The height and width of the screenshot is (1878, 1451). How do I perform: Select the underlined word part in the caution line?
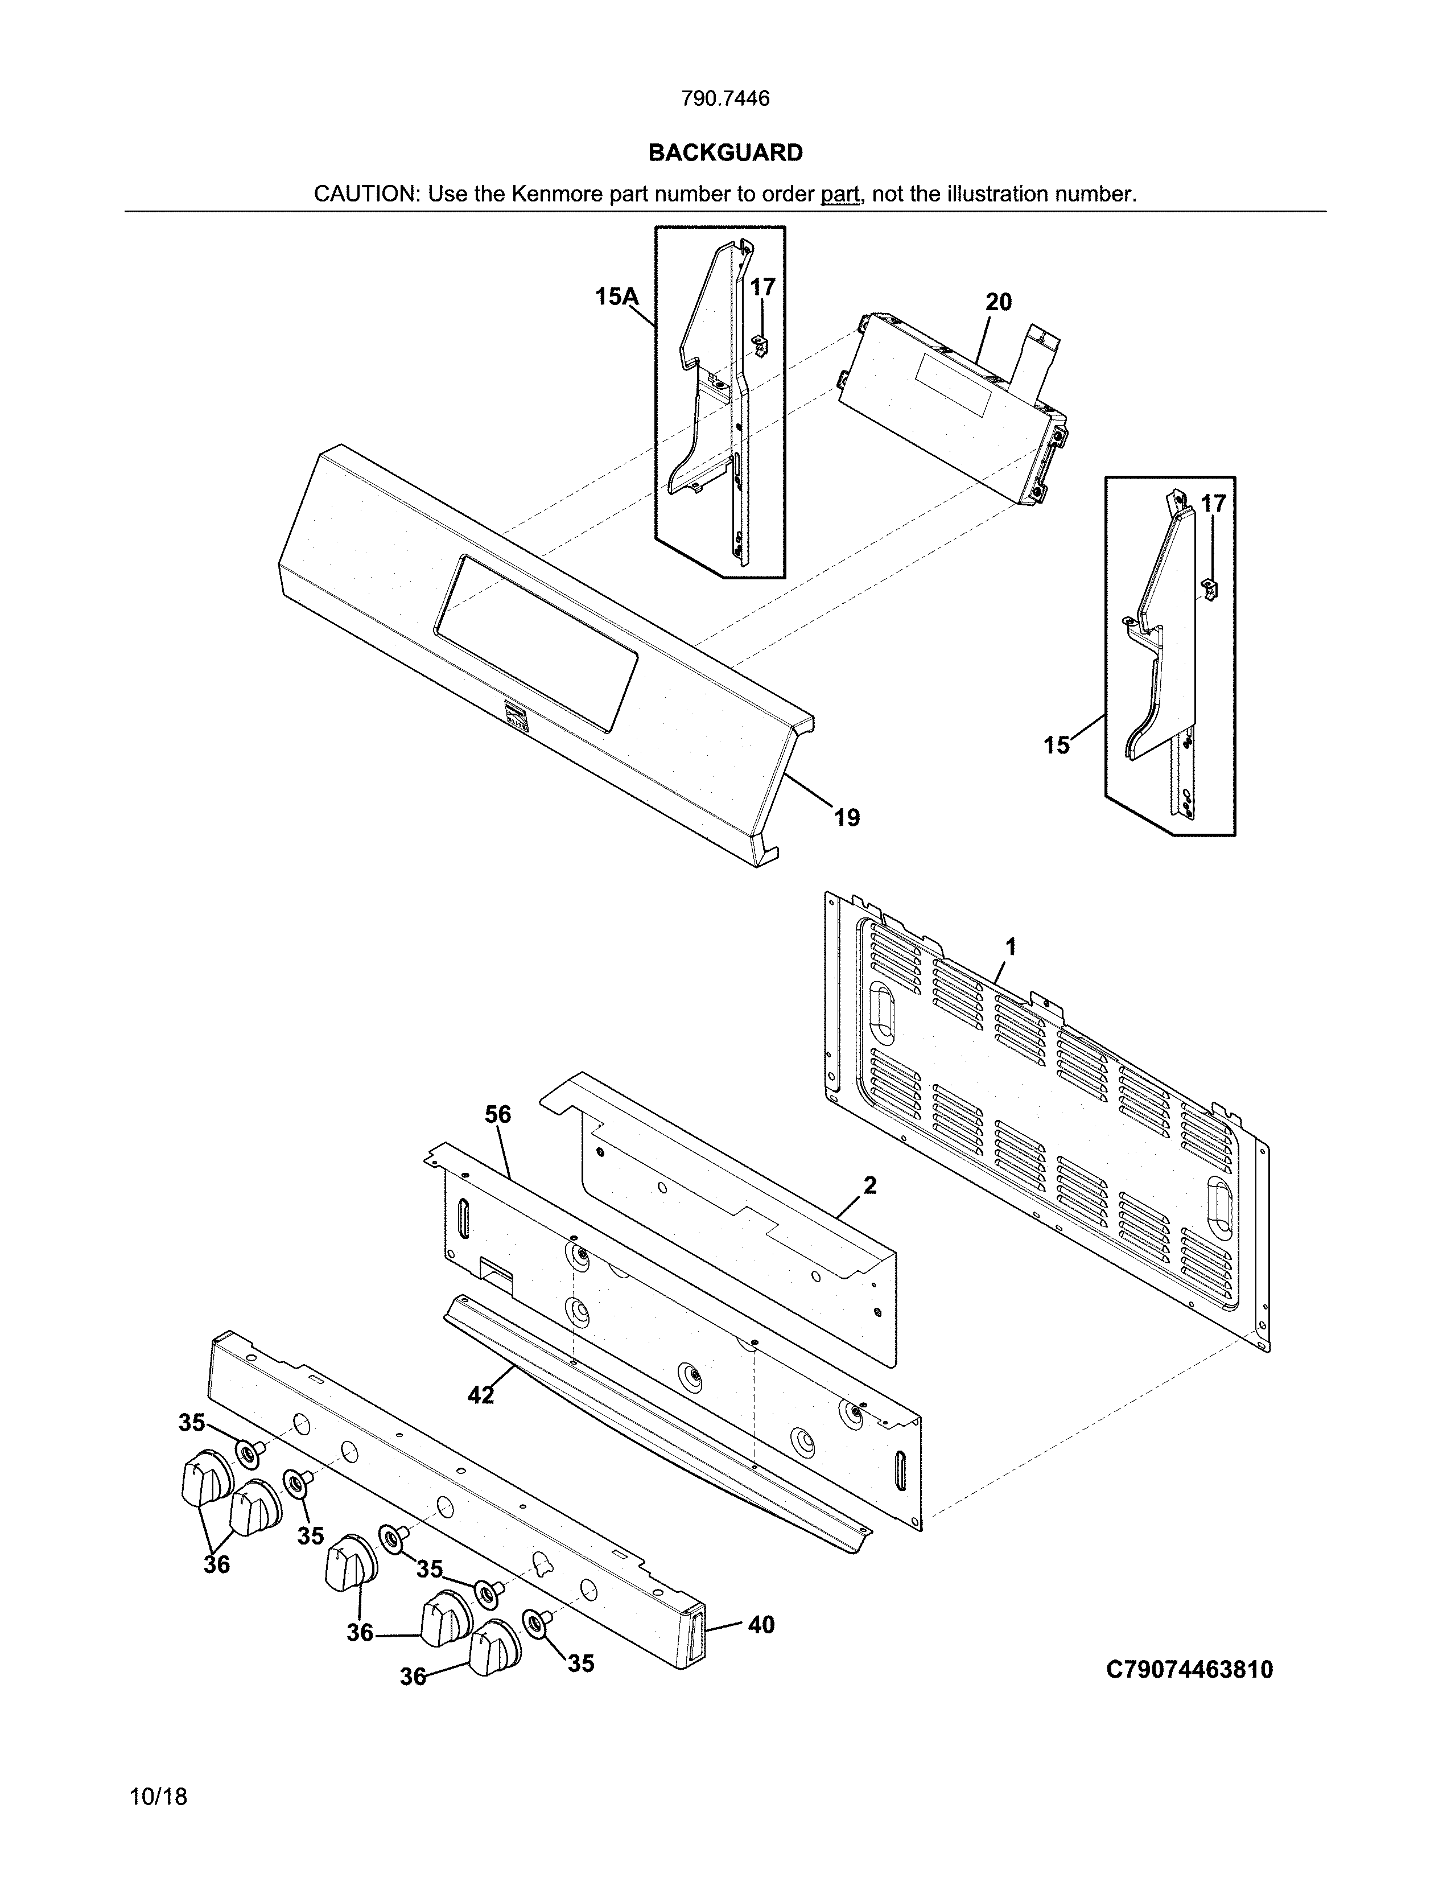(840, 194)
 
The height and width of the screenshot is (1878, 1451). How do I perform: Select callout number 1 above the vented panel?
(1011, 947)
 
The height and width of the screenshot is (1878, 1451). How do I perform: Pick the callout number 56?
(498, 1114)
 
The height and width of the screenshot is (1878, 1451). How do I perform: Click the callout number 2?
(870, 1186)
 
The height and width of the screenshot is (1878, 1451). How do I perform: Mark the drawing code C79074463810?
(1189, 1670)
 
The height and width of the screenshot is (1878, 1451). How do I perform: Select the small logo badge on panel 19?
(517, 715)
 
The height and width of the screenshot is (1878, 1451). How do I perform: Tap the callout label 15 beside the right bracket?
(1057, 746)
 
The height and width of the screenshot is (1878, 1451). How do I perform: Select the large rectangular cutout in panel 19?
(537, 643)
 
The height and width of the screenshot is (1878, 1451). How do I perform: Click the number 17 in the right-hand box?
(1213, 504)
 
